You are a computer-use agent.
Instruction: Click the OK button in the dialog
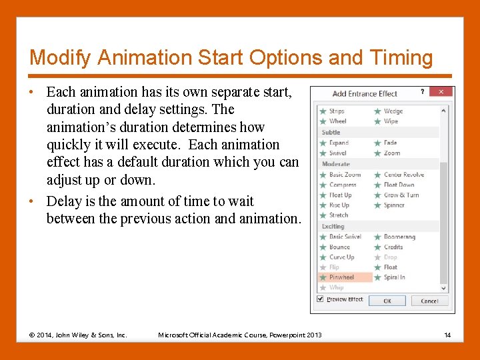(387, 301)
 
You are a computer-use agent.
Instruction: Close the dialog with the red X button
(441, 93)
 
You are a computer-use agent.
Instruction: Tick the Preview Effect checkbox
(321, 299)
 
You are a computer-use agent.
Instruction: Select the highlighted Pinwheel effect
(341, 277)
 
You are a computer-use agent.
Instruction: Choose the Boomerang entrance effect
(399, 237)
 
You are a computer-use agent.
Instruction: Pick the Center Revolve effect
(403, 175)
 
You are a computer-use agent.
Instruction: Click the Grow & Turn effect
(401, 195)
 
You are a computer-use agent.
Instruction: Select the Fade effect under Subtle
(390, 143)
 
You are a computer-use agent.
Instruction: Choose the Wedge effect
(393, 111)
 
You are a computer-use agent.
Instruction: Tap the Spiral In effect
(394, 277)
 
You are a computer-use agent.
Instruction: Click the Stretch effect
(339, 215)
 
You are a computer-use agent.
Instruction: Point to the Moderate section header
(336, 164)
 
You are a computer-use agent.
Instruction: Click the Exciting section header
(333, 227)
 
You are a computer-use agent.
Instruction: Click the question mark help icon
(422, 93)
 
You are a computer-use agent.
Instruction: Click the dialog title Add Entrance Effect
(365, 94)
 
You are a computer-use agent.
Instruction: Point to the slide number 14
(447, 335)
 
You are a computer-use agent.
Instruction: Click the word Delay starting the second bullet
(65, 201)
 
